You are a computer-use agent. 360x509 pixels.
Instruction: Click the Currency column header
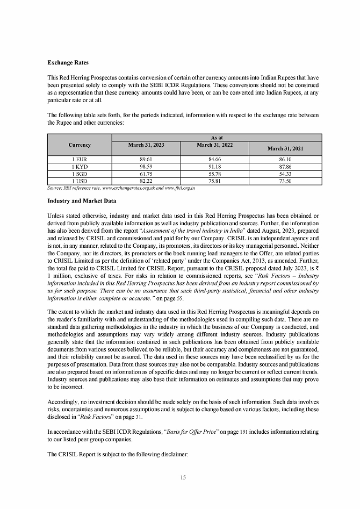coord(80,145)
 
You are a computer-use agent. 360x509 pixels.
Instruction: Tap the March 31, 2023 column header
coord(147,145)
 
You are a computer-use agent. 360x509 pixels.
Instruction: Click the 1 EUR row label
coord(80,160)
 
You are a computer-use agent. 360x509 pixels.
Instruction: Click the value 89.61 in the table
coord(147,160)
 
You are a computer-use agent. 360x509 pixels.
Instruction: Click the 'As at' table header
coord(217,137)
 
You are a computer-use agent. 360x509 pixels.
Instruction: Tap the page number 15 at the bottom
coord(183,478)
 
